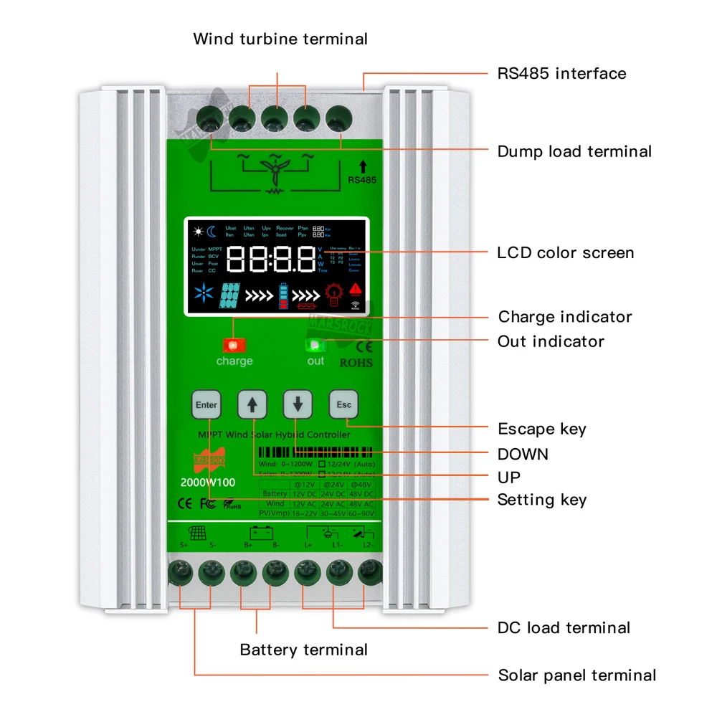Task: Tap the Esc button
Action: [x=344, y=405]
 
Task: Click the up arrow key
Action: [x=252, y=405]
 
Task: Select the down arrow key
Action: [x=298, y=405]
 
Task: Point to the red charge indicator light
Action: [x=234, y=345]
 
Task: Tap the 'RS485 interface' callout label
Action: [x=561, y=73]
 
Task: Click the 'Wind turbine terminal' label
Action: [x=280, y=39]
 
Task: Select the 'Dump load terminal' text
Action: [x=574, y=151]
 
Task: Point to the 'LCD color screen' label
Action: [x=565, y=252]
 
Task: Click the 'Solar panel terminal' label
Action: [x=576, y=675]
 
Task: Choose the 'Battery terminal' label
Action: [x=303, y=650]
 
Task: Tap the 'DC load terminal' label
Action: [x=564, y=627]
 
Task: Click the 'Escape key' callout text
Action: [x=541, y=429]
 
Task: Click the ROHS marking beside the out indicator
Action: [x=356, y=362]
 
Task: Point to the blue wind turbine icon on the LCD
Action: [x=206, y=294]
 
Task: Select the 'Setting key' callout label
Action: [x=541, y=500]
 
